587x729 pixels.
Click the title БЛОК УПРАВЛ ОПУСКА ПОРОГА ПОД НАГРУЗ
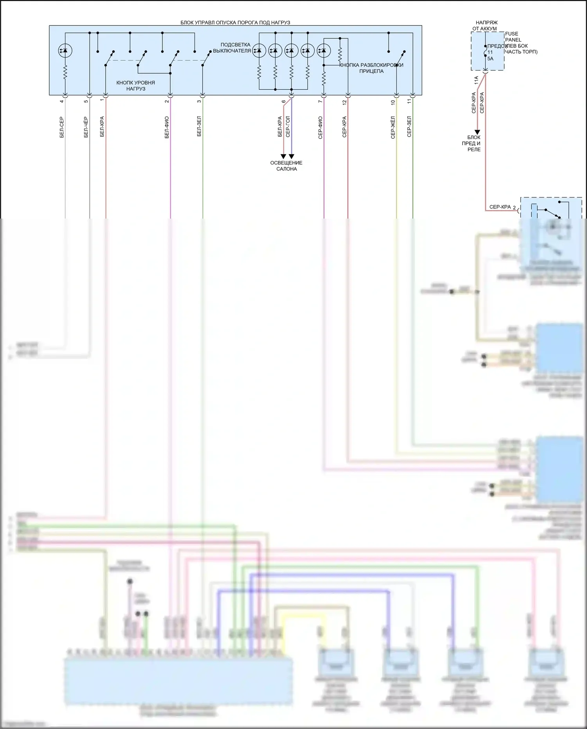coord(235,23)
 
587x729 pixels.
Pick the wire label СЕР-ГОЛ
coord(288,126)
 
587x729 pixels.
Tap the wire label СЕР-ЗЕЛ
coord(409,126)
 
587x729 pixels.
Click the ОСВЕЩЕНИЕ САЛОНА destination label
coord(286,166)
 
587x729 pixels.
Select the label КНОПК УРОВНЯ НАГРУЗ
coord(135,86)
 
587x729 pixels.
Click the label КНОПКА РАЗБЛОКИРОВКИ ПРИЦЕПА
coord(371,68)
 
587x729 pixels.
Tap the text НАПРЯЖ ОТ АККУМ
coord(486,26)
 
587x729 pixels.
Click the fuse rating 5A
coord(490,58)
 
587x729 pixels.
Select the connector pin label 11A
coord(476,81)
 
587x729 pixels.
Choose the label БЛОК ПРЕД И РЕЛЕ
coord(474,143)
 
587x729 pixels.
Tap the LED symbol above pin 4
coord(65,50)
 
